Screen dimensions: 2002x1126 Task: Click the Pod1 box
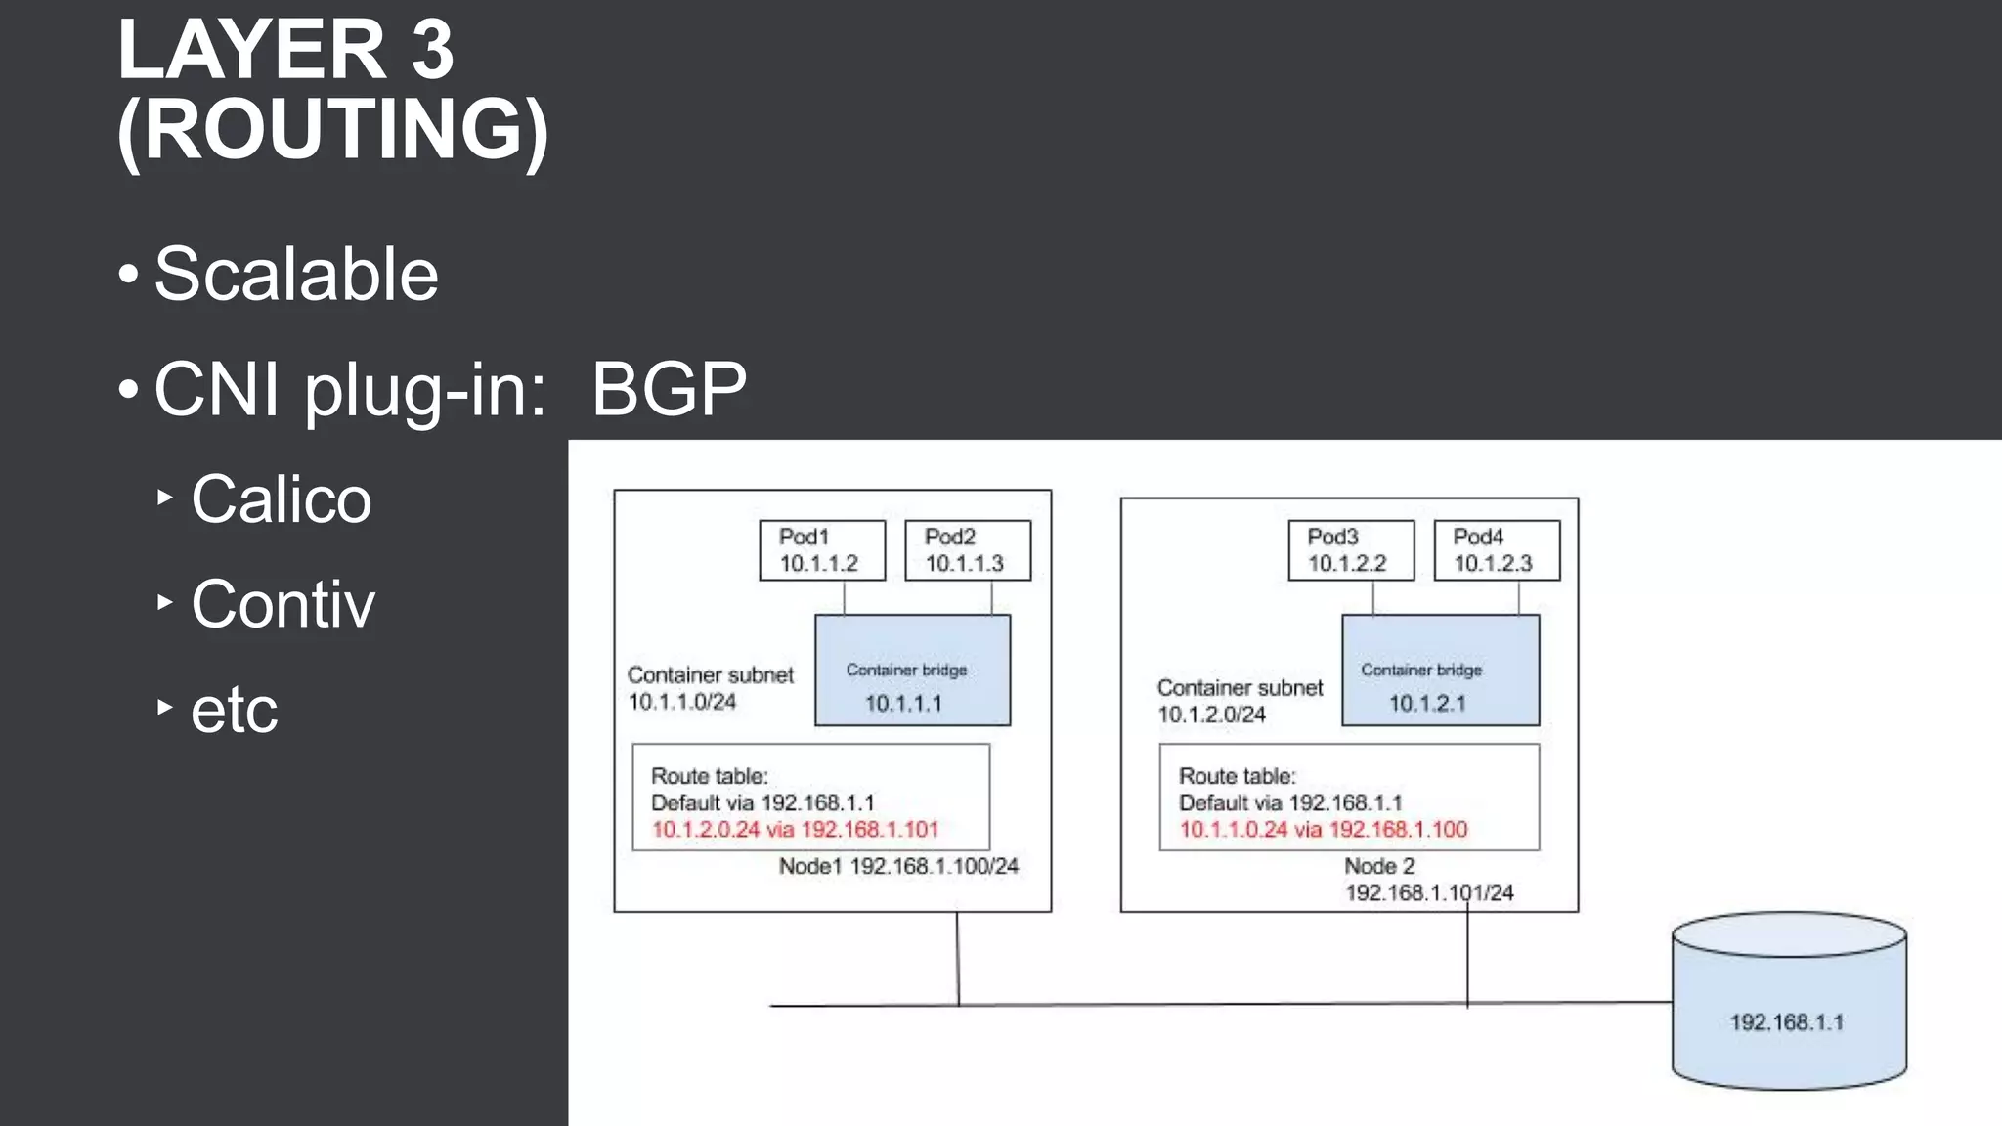(822, 550)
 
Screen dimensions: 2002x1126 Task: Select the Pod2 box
(967, 550)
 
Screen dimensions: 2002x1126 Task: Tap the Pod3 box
(1350, 550)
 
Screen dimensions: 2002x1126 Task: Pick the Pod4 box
(1496, 550)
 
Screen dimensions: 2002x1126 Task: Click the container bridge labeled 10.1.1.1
(912, 671)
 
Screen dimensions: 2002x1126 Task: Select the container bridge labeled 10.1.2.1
(1440, 671)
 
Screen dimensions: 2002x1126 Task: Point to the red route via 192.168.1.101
(795, 830)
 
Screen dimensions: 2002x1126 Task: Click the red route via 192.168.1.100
(1323, 830)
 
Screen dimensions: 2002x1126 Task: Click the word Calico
(282, 499)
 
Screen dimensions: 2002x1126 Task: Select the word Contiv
(283, 604)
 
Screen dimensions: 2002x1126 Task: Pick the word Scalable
(296, 275)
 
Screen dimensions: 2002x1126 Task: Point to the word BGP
(669, 389)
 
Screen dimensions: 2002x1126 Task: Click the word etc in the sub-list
(234, 710)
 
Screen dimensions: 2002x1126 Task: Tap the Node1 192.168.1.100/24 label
(898, 866)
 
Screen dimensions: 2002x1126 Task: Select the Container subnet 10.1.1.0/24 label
(710, 688)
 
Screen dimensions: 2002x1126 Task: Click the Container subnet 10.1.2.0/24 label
(1239, 701)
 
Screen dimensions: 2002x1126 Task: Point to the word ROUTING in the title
(332, 129)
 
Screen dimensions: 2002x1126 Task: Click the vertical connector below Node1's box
(958, 958)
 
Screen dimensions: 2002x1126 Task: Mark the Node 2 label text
(1378, 866)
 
